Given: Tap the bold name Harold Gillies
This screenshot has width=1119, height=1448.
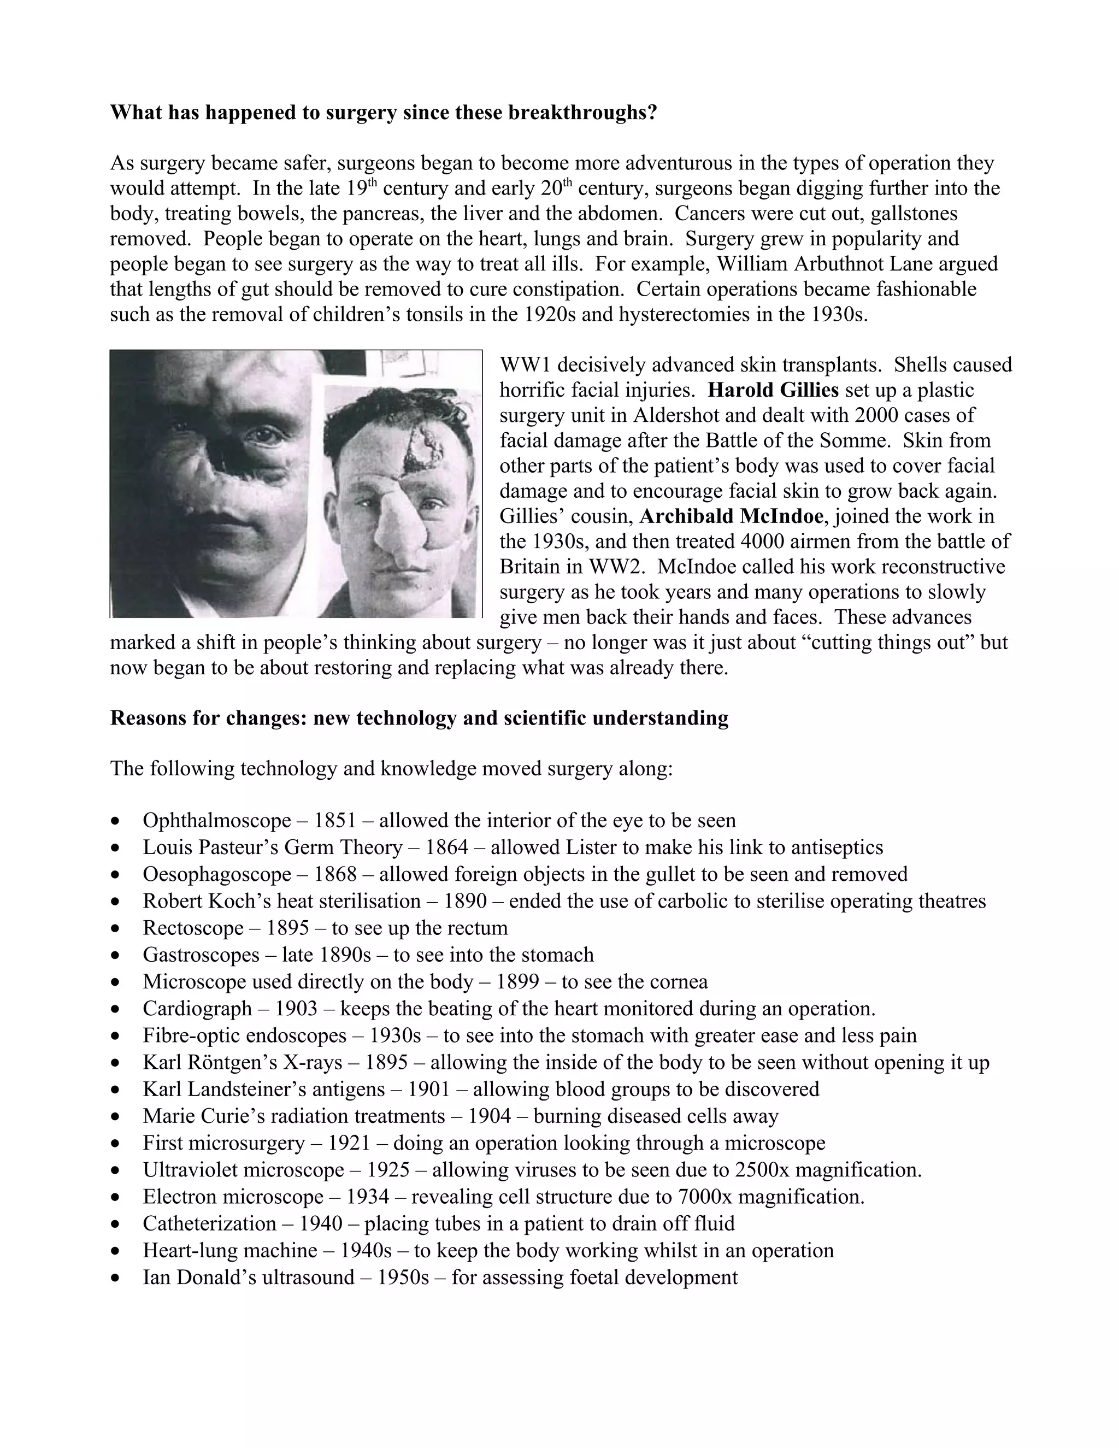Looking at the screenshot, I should tap(773, 390).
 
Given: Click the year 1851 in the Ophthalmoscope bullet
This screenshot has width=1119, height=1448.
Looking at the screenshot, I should tap(335, 820).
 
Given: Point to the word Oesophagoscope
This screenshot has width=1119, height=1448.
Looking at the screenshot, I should tap(217, 874).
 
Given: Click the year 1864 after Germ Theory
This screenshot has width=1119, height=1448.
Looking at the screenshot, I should tap(446, 847).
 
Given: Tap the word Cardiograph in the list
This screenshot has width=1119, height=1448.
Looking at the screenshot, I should tap(197, 1009).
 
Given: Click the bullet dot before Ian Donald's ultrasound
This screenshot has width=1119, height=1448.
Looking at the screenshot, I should tap(116, 1278).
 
